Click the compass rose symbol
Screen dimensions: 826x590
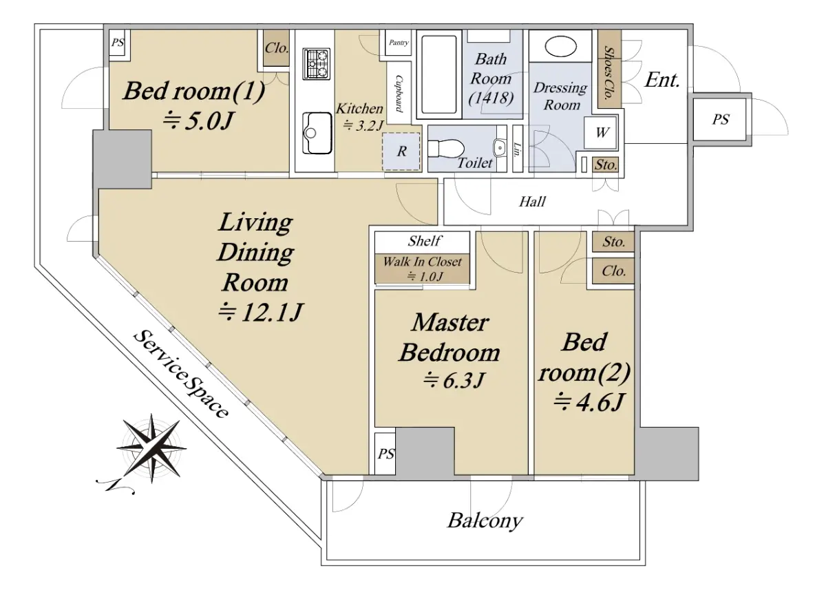(151, 448)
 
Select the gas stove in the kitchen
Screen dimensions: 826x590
(316, 64)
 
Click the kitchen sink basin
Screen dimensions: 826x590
(317, 133)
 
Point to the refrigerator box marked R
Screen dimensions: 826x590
(401, 151)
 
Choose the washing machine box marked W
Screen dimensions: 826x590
(601, 133)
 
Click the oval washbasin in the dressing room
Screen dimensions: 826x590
(560, 46)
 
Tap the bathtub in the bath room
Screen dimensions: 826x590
(439, 74)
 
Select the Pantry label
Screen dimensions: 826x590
(399, 43)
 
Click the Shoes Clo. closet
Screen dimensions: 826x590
(610, 69)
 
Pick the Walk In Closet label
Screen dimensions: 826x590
(422, 262)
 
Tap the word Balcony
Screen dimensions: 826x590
(485, 520)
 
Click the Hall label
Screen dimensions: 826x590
(532, 202)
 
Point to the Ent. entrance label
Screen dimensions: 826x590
(662, 80)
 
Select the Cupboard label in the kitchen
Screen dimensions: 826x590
(399, 94)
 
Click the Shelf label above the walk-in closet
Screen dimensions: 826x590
(424, 241)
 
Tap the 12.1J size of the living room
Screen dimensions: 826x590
(260, 312)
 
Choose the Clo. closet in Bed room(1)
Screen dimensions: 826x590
(277, 48)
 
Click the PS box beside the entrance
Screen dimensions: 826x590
(719, 119)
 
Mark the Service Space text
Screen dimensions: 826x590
(180, 374)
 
